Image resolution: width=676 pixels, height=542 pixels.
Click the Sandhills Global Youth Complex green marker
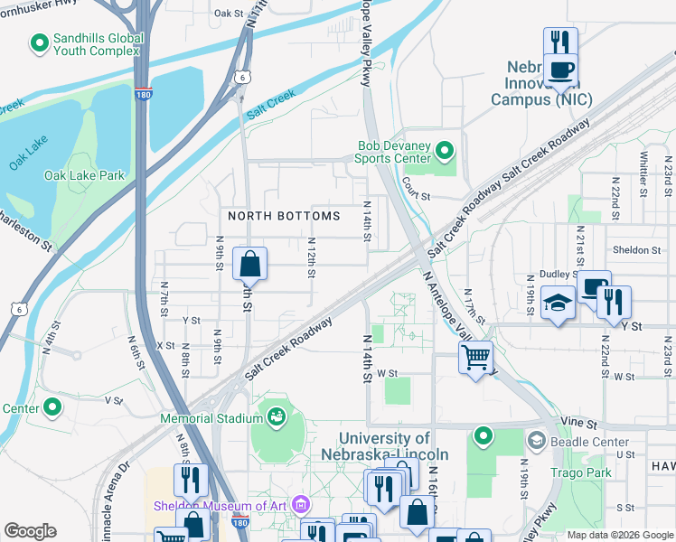point(39,42)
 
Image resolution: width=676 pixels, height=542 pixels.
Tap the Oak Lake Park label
point(85,175)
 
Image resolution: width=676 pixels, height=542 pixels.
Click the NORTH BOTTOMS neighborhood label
point(284,216)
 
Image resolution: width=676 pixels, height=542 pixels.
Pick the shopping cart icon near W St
point(475,357)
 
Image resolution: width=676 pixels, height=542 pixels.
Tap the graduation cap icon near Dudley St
point(558,305)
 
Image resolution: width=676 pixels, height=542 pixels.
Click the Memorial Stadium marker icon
point(275,416)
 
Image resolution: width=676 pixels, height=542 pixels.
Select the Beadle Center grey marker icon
point(536,441)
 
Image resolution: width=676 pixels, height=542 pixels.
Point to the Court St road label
point(416,195)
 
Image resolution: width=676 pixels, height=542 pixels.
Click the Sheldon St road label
point(637,250)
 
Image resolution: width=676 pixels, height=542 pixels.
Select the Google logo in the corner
point(30,531)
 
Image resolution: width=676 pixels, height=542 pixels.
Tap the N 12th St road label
point(310,257)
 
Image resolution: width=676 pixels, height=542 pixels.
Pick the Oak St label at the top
point(230,14)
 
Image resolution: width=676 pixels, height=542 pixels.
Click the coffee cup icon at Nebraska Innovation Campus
point(560,69)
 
